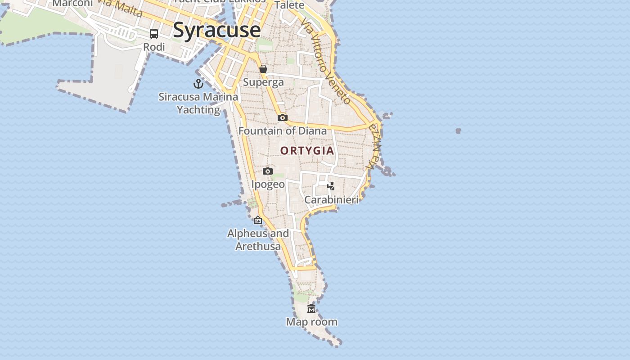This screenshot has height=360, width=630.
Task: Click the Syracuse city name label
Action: pos(216,30)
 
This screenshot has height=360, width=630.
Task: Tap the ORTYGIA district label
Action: pos(307,151)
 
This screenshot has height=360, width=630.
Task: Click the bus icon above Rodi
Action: pos(154,34)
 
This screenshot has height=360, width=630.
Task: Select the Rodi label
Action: pos(154,47)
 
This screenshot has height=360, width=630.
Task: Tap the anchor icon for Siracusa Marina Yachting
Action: pos(198,83)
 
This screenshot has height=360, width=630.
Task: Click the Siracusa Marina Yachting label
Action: pos(198,103)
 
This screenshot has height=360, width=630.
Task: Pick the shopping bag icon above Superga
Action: pos(263,69)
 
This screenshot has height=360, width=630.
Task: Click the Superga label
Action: pos(263,82)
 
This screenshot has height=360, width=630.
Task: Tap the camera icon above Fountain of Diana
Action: pos(283,118)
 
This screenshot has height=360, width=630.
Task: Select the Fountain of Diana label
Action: pos(283,131)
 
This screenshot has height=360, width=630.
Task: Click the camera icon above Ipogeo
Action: pos(268,171)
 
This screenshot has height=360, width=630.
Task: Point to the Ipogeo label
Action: pos(268,184)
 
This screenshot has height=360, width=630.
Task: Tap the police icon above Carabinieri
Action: pos(331,186)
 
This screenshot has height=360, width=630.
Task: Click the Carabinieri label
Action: pos(331,199)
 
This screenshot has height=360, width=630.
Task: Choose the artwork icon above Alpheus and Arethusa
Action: pos(258,220)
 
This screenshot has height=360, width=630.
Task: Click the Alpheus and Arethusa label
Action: pos(258,240)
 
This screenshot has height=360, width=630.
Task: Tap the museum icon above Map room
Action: pos(311,309)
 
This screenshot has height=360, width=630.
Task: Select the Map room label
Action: pos(311,322)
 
